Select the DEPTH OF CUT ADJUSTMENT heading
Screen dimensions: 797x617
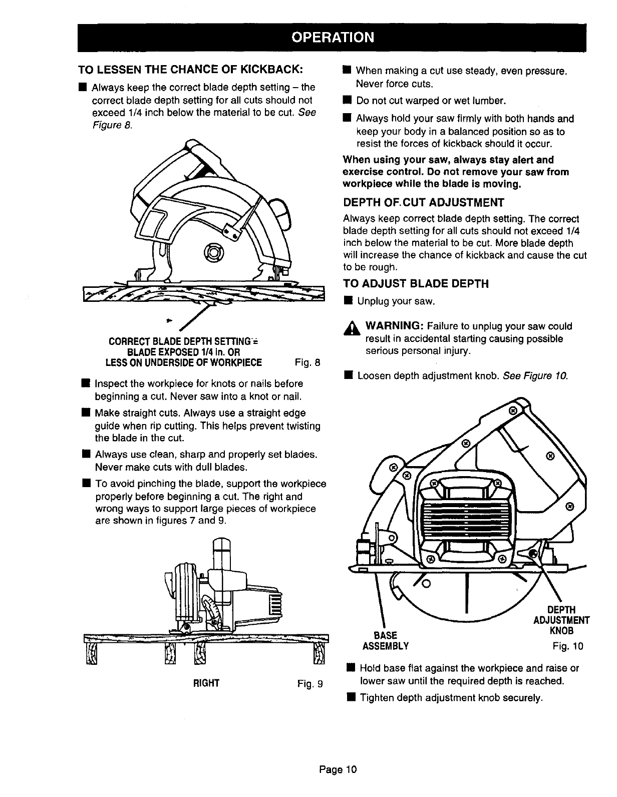click(x=423, y=203)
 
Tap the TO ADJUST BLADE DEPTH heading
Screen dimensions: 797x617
click(x=415, y=284)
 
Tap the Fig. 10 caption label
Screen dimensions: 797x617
click(x=568, y=646)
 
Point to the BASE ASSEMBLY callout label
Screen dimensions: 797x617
click(x=385, y=641)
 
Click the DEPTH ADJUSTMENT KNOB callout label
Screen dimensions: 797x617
click(x=561, y=620)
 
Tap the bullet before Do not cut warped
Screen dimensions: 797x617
click(x=347, y=101)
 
